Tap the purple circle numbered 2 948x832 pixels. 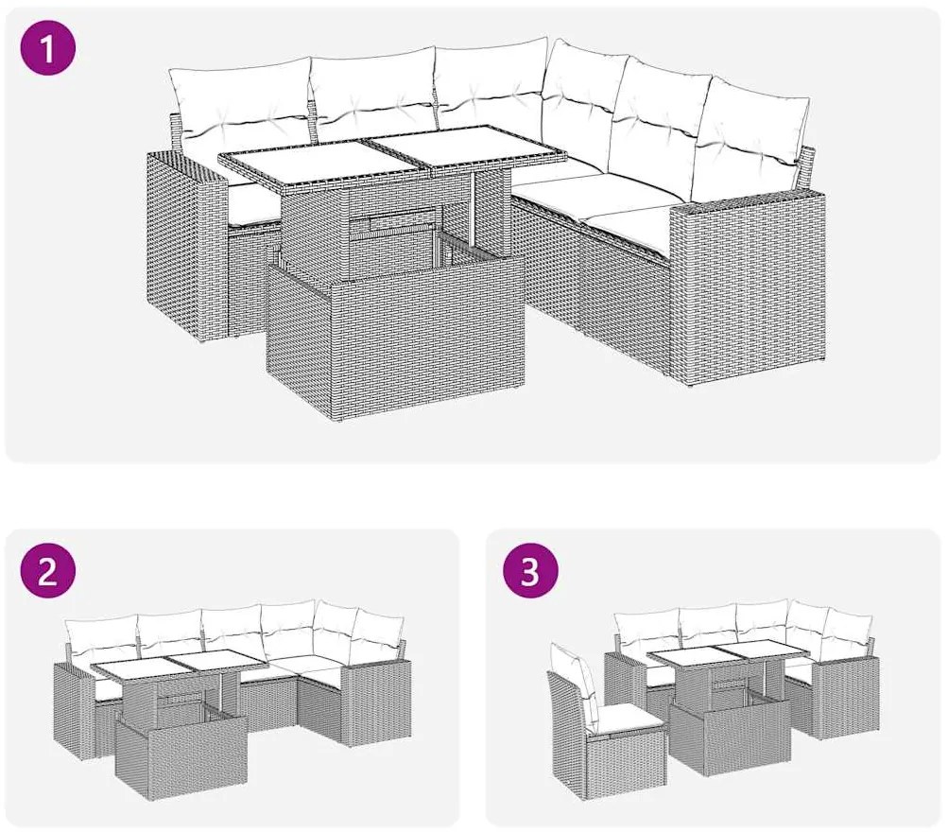[48, 571]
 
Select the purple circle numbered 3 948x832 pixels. [529, 571]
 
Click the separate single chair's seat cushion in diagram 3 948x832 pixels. [628, 720]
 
